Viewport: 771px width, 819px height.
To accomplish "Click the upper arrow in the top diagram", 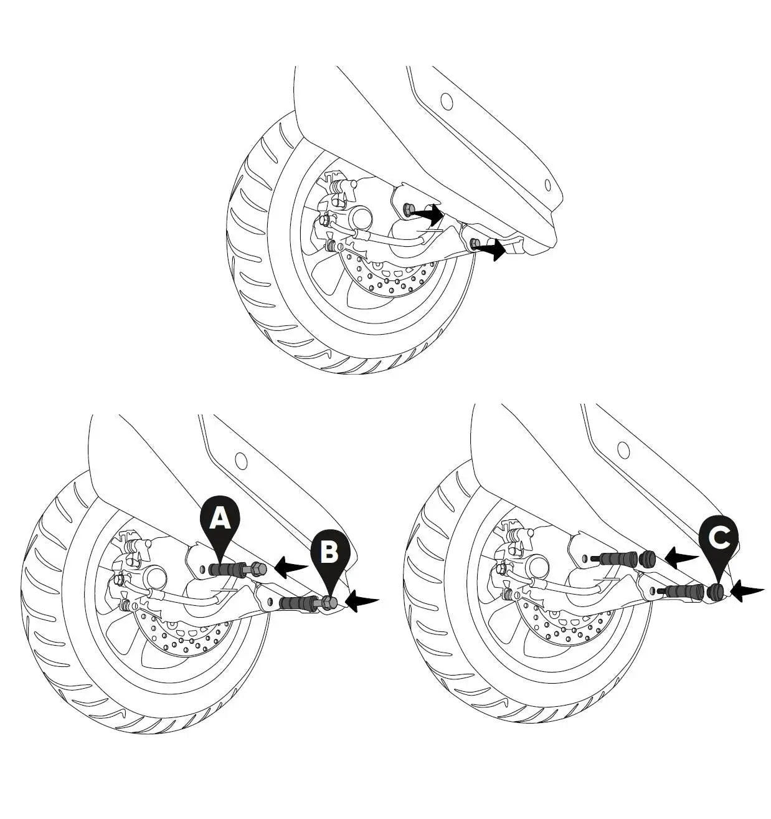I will [x=428, y=214].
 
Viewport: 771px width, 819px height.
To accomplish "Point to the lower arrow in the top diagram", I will [x=491, y=251].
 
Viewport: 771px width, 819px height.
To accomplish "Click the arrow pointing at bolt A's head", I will [x=290, y=567].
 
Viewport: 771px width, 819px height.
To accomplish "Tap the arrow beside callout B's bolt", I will [x=361, y=601].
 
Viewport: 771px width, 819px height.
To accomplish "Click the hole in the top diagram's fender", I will [x=445, y=100].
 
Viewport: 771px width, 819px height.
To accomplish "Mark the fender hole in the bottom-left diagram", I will [x=241, y=461].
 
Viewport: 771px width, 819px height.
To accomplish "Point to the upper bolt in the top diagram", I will [x=408, y=209].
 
